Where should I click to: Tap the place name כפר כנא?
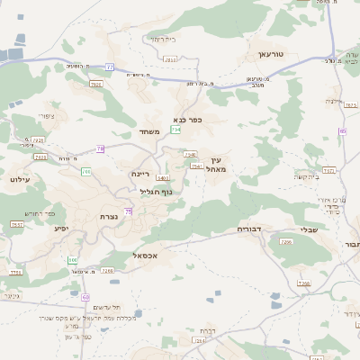(188, 119)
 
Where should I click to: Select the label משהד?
(149, 132)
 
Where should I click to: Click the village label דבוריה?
(248, 229)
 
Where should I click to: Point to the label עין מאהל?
(213, 164)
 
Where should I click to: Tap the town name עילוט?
(20, 180)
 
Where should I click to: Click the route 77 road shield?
(110, 67)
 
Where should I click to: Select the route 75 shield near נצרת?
(129, 211)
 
